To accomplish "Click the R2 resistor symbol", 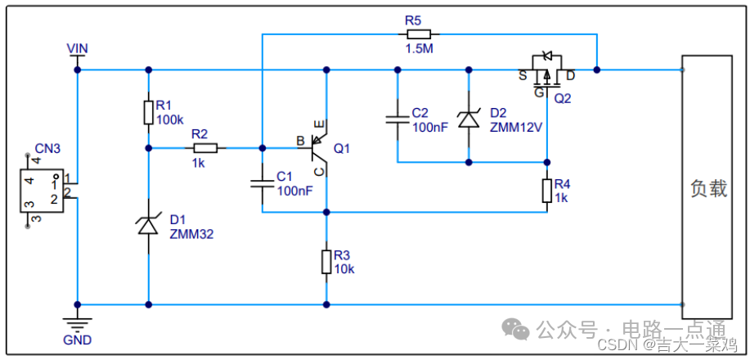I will (x=205, y=148).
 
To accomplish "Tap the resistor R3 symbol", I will (x=326, y=262).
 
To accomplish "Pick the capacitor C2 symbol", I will (x=397, y=119).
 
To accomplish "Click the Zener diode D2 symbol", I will (x=468, y=119).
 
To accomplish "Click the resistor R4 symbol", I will (x=546, y=191).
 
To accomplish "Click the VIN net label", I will (x=78, y=49).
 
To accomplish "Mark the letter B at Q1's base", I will (x=301, y=140).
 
